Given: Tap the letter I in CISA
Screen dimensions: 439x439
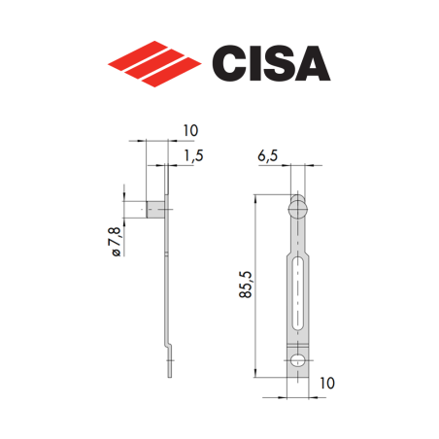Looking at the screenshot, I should click(262, 62).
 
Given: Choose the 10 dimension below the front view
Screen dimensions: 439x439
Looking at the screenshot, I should click(326, 385).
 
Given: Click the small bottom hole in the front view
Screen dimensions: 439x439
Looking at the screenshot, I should click(298, 363).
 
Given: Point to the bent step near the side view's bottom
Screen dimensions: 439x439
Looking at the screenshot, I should click(169, 342).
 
